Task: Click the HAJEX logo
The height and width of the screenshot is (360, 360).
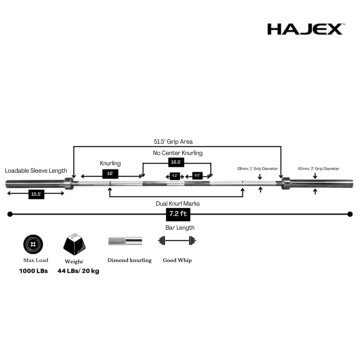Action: (305, 29)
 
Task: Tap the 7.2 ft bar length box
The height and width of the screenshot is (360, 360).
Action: (178, 214)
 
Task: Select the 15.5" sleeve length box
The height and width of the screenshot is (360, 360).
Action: (36, 194)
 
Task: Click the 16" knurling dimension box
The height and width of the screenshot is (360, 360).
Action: (110, 174)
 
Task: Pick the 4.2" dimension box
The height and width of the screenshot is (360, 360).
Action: (175, 176)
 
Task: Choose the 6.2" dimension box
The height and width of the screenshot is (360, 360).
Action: (197, 176)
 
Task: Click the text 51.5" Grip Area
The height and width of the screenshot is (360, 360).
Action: (173, 142)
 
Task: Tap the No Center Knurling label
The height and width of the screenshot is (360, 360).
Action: (178, 153)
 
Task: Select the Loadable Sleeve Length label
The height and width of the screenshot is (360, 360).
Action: (36, 171)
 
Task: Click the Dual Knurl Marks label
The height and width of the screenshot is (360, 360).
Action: (178, 203)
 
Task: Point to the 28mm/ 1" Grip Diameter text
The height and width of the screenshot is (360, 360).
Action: (257, 169)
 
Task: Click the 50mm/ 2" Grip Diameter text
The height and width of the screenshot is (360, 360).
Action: (319, 169)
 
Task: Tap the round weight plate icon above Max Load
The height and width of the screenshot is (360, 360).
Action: (33, 244)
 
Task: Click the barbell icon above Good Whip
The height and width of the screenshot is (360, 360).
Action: (177, 241)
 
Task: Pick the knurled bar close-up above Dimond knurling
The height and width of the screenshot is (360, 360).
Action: (125, 241)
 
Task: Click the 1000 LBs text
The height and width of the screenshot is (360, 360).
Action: (33, 271)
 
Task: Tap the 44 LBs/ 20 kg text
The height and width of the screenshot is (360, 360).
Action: (78, 271)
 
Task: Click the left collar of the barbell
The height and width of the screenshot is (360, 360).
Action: (69, 183)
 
